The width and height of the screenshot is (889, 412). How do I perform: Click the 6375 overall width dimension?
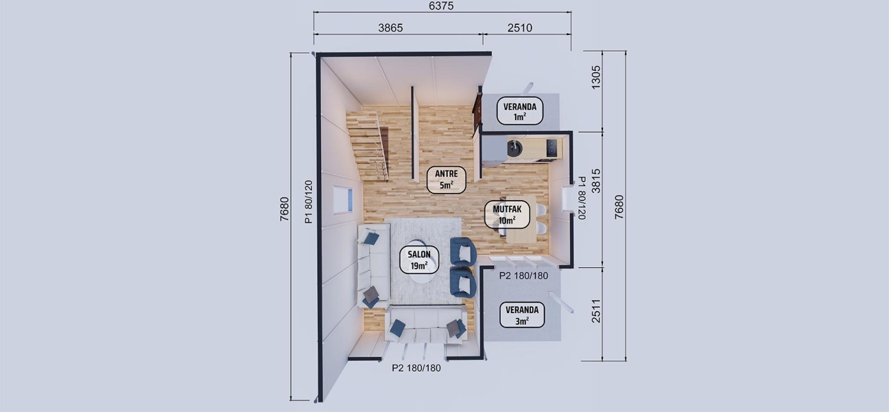coord(442,5)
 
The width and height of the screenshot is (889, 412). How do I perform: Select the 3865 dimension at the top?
coord(390,28)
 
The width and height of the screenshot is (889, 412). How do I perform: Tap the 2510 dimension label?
coord(519,28)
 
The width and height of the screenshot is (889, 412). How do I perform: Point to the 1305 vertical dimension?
coord(595,76)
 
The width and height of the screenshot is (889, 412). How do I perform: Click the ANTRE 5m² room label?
coord(447,179)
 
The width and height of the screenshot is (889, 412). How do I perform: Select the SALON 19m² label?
coord(418,260)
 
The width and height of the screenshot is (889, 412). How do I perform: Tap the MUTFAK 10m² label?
coord(508,214)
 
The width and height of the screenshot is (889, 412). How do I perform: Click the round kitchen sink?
coord(514,148)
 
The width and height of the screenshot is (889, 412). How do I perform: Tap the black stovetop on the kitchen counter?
coord(552,147)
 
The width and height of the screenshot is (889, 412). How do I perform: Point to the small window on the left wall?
coord(342,199)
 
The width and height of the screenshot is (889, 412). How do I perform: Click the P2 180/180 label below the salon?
coord(416,367)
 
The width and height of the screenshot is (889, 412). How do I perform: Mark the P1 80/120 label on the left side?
coord(308,202)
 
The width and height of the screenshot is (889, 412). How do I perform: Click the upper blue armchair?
coord(463,251)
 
